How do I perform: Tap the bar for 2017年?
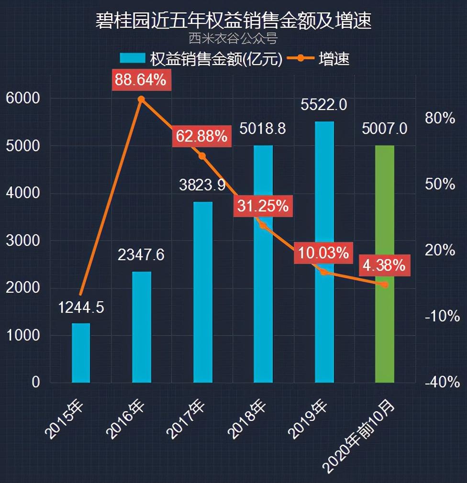tap(202, 292)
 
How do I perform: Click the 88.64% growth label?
tap(140, 80)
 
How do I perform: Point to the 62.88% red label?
tap(201, 137)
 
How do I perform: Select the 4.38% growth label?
tap(384, 265)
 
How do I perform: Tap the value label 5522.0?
tap(323, 104)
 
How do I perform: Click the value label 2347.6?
tap(141, 255)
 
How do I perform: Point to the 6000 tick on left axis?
tap(22, 98)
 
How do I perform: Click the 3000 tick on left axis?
tap(22, 241)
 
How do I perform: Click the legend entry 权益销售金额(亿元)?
tap(201, 59)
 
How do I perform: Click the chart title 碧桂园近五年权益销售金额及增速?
tap(233, 22)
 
